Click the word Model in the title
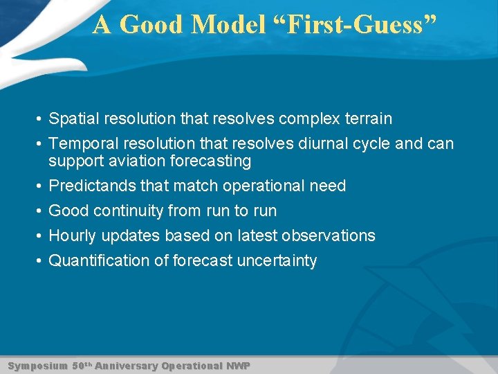point(228,25)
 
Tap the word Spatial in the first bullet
point(74,119)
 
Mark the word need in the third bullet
point(328,186)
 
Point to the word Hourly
point(73,236)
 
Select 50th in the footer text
point(81,365)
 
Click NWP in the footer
point(237,365)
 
